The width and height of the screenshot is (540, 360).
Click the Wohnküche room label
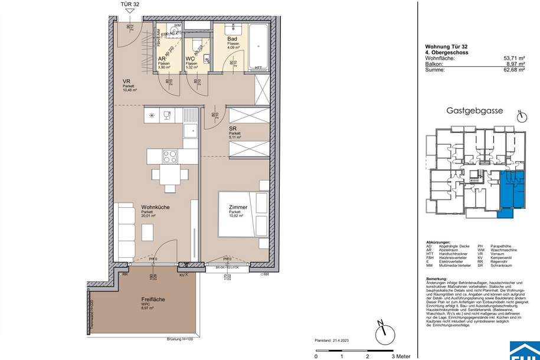156,208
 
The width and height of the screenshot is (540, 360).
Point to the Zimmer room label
238,208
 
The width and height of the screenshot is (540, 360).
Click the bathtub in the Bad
258,47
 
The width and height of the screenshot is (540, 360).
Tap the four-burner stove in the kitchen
171,156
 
